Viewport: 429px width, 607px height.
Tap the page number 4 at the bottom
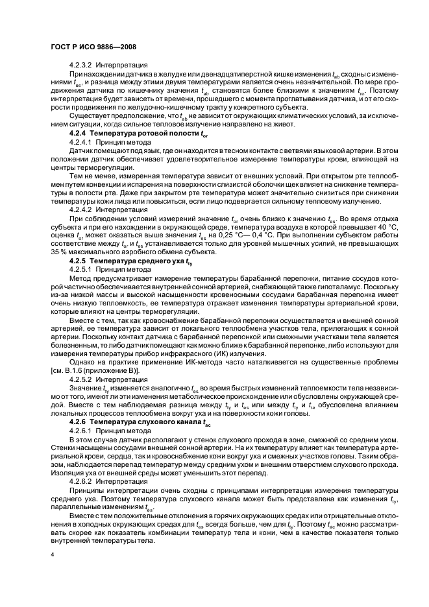pos(52,555)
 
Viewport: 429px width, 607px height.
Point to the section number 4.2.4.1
pos(80,141)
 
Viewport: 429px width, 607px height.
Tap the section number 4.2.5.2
pos(80,379)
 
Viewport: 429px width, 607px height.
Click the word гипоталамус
pos(339,285)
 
